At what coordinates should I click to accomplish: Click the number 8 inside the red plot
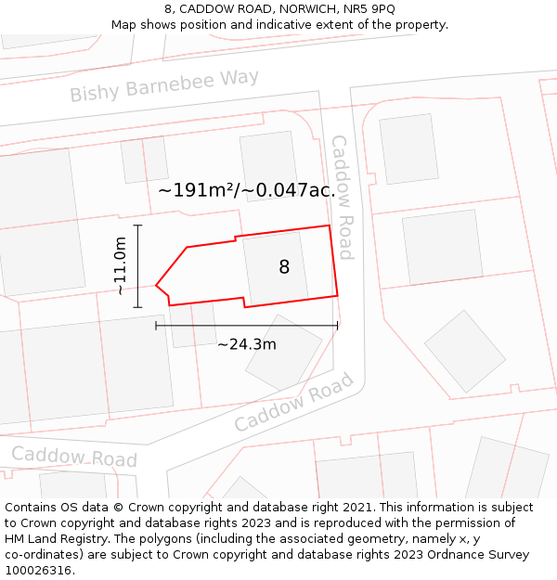click(x=284, y=267)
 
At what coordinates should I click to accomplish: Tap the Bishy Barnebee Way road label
click(x=164, y=86)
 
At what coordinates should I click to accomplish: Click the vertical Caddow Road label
click(x=343, y=197)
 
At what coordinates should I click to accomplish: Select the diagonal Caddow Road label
click(x=293, y=403)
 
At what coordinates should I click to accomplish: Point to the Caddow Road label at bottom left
click(x=74, y=457)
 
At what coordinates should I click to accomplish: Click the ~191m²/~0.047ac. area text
click(x=246, y=190)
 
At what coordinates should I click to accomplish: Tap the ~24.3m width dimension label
click(x=246, y=344)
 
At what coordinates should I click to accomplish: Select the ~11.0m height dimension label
click(x=120, y=266)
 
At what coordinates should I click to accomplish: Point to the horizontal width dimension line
click(x=246, y=326)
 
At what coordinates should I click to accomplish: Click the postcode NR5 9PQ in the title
click(x=369, y=8)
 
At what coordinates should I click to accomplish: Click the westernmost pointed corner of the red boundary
click(x=156, y=285)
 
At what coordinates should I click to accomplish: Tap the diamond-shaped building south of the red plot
click(x=283, y=352)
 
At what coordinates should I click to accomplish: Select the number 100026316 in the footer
click(x=38, y=570)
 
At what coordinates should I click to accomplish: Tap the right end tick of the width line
click(x=337, y=326)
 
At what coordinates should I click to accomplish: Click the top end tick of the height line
click(x=137, y=226)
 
